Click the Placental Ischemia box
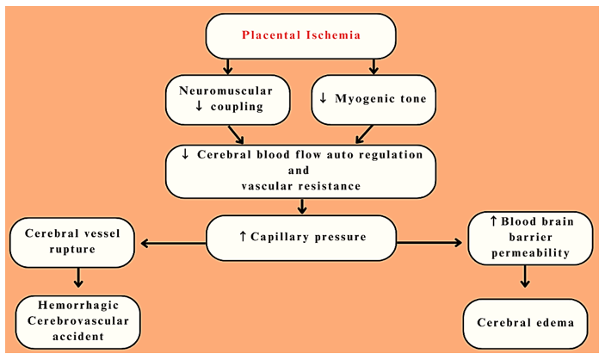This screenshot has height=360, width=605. pos(300,36)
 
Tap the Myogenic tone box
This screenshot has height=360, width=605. pos(373,98)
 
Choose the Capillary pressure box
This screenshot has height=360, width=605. pos(301,236)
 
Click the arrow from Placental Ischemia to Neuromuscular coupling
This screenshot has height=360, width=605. pos(227,66)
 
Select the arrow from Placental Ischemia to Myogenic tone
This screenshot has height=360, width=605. pos(374,66)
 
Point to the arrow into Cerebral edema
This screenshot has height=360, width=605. pos(526,277)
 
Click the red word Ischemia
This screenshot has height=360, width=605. pos(331,36)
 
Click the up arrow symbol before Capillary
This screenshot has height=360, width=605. pos(242,236)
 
